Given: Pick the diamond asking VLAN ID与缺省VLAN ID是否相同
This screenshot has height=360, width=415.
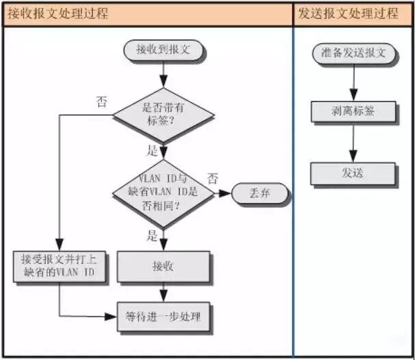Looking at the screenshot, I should click(163, 194).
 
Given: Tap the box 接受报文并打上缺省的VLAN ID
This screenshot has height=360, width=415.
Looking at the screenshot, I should click(59, 266).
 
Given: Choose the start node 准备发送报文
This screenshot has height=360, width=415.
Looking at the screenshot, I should click(353, 53).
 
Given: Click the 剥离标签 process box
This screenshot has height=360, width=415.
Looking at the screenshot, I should click(353, 111).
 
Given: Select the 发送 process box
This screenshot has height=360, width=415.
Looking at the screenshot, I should click(353, 173).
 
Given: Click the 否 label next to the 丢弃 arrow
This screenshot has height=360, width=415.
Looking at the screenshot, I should click(213, 179).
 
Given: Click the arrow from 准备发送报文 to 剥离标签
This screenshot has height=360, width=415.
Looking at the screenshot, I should click(353, 82).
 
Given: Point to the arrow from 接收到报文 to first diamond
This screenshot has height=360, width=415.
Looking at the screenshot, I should click(163, 72).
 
